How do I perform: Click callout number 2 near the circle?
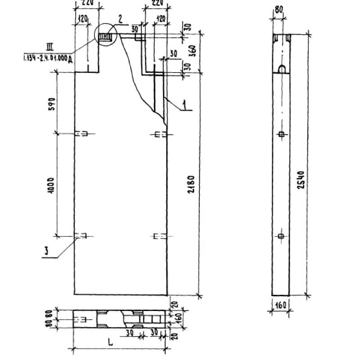121,19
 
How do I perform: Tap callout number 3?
45,252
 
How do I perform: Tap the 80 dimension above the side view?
279,9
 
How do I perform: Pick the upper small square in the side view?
281,134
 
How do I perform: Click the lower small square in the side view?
281,236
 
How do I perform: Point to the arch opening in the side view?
281,69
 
